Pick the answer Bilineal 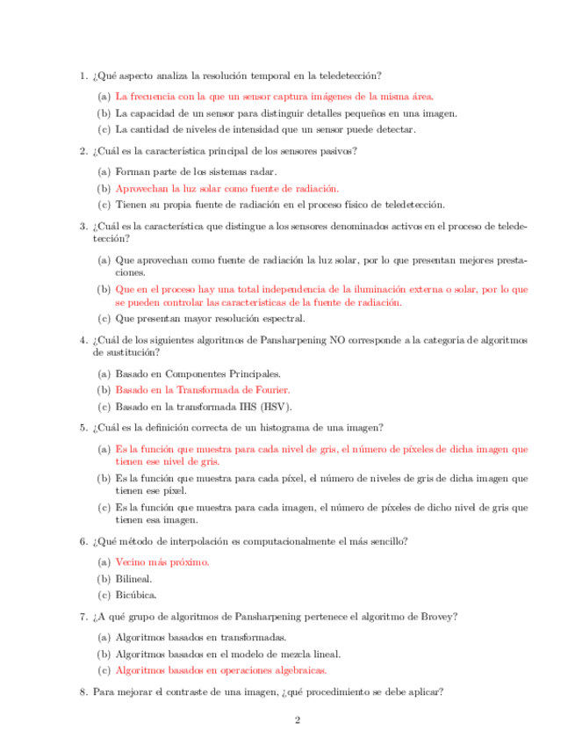[x=134, y=578]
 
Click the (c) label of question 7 [x=104, y=669]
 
